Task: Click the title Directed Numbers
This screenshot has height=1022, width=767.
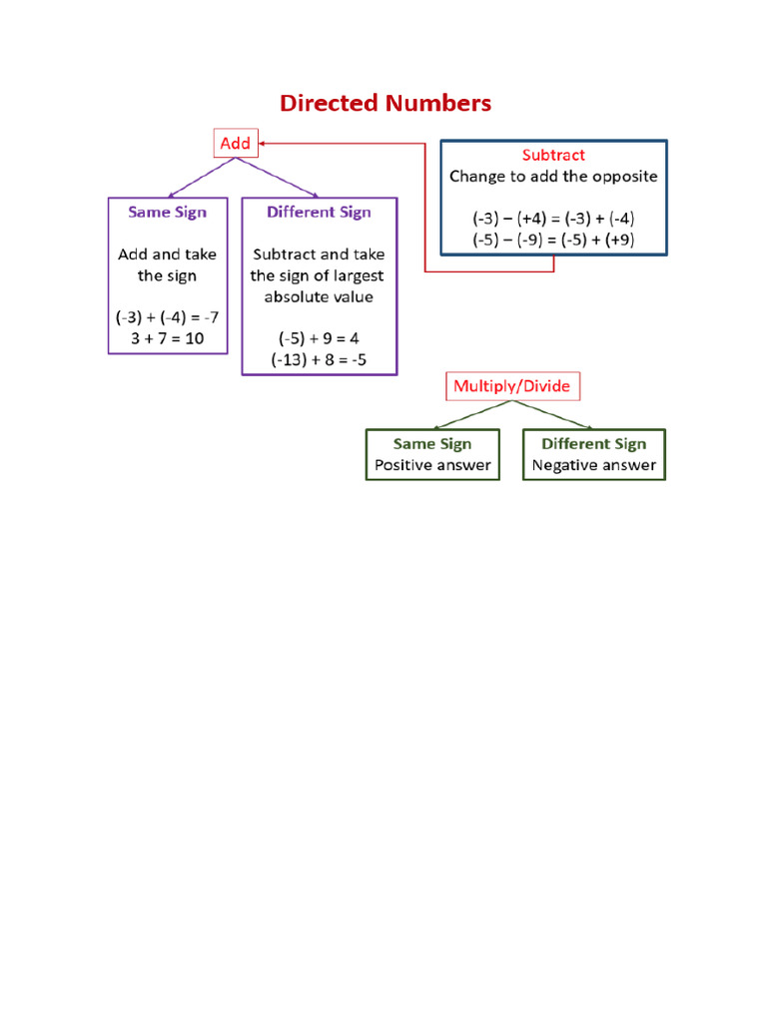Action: (x=385, y=103)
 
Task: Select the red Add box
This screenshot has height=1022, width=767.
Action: (x=235, y=144)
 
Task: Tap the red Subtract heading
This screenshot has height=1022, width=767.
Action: (x=553, y=156)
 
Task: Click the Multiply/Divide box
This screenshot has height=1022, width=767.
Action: (x=512, y=386)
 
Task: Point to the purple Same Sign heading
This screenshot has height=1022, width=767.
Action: (x=167, y=213)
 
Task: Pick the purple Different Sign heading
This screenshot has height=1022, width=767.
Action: (x=319, y=213)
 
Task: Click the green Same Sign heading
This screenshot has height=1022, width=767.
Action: (x=432, y=444)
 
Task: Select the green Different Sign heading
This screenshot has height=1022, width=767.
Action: (x=593, y=444)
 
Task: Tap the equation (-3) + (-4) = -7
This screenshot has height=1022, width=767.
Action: (x=167, y=317)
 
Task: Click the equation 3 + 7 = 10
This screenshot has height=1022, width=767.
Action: (x=167, y=338)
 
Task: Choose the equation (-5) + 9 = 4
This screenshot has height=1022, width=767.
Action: (x=319, y=338)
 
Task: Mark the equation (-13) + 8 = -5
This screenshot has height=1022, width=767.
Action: (x=319, y=359)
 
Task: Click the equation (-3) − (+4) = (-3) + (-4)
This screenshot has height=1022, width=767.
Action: (x=553, y=219)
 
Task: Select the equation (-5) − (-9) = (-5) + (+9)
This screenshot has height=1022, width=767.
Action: (x=553, y=240)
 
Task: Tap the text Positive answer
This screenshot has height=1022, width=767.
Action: (x=432, y=465)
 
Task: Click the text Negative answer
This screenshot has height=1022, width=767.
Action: (x=593, y=465)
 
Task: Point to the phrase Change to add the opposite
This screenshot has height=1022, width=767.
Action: (x=553, y=177)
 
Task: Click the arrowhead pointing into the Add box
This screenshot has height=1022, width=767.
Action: (x=266, y=144)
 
